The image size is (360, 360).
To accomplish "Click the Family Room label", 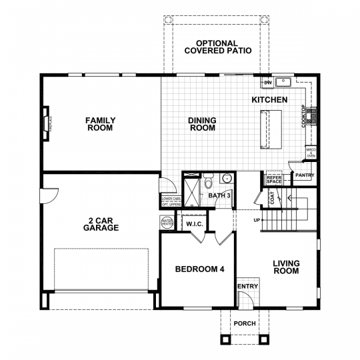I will coord(100,124).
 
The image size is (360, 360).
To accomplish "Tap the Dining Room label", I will coord(202,124).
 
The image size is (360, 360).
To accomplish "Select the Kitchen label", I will coord(269,100).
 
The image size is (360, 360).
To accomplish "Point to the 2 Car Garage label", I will coord(102,224).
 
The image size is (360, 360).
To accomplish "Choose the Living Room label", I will coord(286,267).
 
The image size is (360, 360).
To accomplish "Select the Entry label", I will coord(247,287).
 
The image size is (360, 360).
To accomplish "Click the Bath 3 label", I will coord(219,196).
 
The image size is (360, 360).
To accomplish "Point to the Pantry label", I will coord(305,176).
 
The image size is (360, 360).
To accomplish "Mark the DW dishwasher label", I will coord(267,83).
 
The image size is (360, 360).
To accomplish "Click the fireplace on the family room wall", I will coord(47,125).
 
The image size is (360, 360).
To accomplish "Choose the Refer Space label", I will coord(274,179).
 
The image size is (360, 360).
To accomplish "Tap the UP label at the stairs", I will coord(257,220).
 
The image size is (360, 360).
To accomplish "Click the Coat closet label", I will coord(273,197).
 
